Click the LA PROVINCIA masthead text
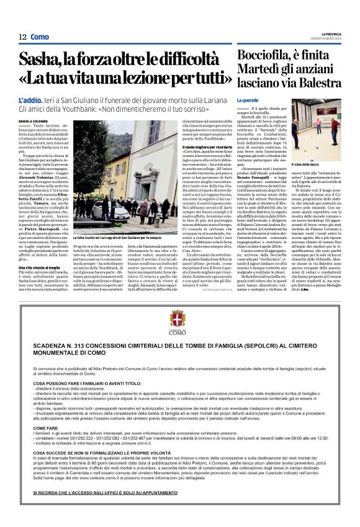point(330,34)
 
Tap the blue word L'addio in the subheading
point(32,100)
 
